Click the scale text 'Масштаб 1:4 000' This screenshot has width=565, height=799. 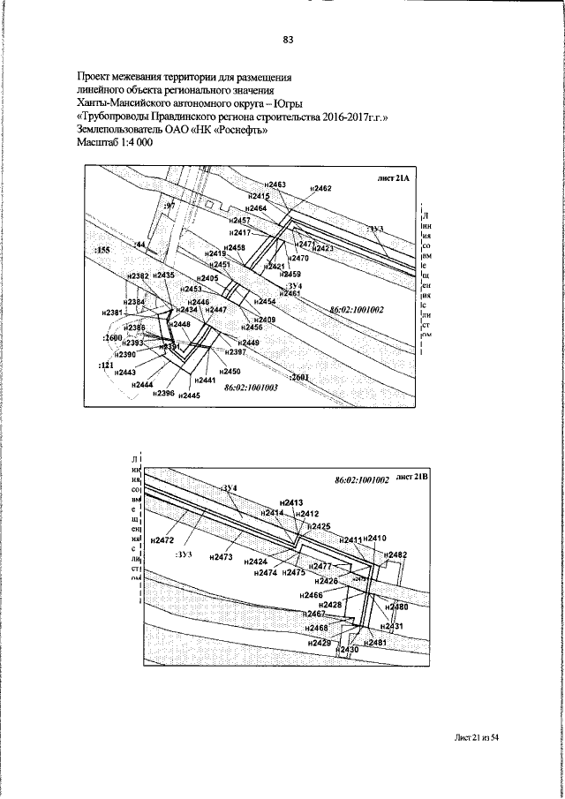click(x=116, y=142)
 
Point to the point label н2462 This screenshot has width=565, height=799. click(x=322, y=189)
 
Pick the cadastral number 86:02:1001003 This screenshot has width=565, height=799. click(x=251, y=388)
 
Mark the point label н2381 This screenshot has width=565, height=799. click(x=112, y=313)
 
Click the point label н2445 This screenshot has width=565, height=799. click(x=189, y=396)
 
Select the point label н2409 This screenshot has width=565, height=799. click(x=265, y=320)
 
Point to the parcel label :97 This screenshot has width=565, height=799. click(x=170, y=205)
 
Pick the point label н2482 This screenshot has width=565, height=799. click(x=397, y=554)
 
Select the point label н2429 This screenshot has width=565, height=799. click(x=320, y=643)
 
